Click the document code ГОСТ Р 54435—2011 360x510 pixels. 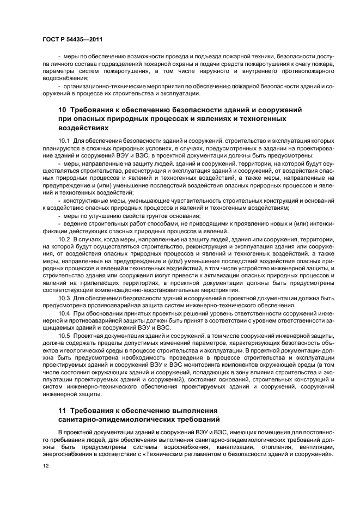(x=72, y=40)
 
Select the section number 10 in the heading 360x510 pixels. (x=63, y=110)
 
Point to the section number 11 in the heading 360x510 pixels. (x=63, y=410)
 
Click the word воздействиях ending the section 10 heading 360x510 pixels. (x=83, y=127)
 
